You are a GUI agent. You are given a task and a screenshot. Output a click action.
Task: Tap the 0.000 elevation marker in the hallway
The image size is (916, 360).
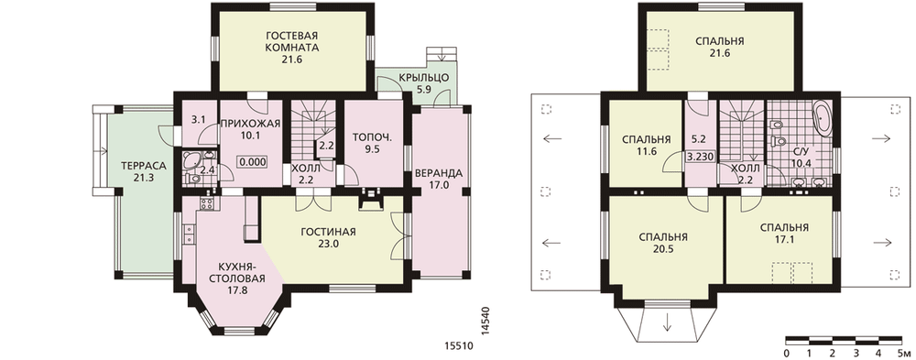tap(253, 162)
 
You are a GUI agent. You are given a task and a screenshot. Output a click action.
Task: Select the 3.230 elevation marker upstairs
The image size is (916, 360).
tap(701, 158)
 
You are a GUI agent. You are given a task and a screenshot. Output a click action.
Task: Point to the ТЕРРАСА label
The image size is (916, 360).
tap(144, 166)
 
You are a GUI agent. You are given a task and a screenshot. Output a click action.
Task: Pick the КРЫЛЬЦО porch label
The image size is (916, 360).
tap(423, 78)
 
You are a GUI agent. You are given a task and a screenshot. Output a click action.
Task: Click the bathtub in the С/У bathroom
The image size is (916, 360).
tap(822, 117)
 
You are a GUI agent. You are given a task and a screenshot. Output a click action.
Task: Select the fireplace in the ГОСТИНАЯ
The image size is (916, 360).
tap(370, 198)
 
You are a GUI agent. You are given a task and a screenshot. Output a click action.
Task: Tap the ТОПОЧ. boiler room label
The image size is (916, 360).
tap(372, 138)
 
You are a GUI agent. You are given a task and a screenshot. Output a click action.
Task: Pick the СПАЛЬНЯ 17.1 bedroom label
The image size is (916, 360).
tap(784, 234)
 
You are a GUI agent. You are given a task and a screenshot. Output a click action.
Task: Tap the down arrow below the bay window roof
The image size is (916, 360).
tap(667, 322)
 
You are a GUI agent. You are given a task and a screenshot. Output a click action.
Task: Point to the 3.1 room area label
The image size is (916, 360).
tap(198, 121)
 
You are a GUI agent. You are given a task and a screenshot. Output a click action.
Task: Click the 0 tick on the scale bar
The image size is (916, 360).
tap(786, 353)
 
